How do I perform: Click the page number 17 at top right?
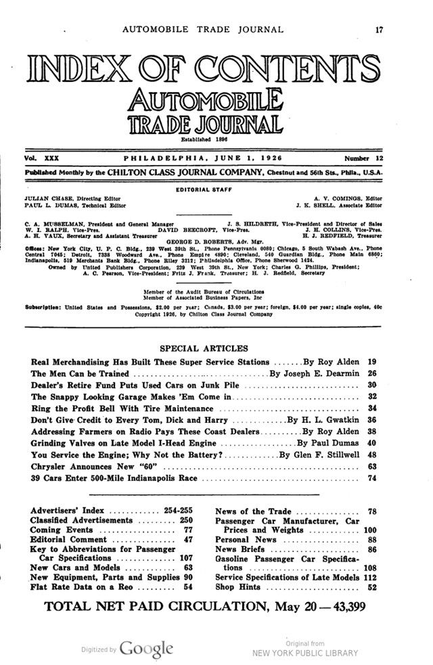tap(380, 29)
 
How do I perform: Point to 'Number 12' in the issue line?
tap(363, 158)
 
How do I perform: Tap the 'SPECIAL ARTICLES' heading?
tap(204, 348)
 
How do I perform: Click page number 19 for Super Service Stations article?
tap(371, 363)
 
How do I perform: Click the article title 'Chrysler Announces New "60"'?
tap(94, 467)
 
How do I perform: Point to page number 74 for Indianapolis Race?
tap(371, 478)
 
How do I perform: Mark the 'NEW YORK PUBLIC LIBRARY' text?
tap(304, 653)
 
